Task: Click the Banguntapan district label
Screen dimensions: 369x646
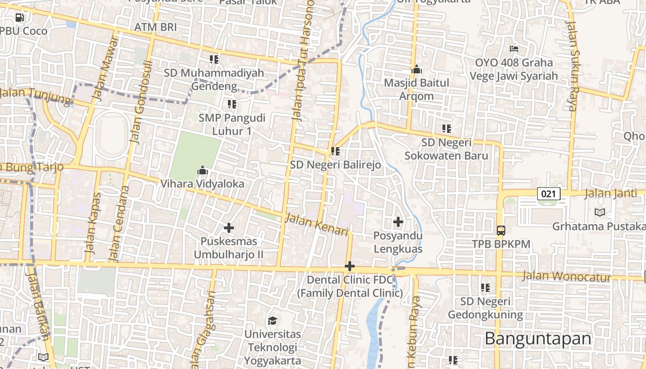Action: [538, 339]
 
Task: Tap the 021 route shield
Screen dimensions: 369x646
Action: [548, 194]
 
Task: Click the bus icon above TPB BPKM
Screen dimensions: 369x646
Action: [501, 230]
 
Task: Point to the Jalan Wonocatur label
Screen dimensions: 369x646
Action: [567, 277]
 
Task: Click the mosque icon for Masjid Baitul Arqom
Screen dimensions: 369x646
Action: [417, 70]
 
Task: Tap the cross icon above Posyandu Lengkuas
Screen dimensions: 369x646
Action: [398, 222]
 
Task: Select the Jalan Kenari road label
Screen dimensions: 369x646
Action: [316, 225]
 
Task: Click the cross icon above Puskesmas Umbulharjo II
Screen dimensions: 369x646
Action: [228, 228]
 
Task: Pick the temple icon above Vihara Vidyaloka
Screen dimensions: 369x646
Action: [203, 170]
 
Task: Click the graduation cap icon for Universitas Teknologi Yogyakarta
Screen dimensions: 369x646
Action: [272, 320]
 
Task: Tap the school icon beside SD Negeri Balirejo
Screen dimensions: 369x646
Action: [335, 151]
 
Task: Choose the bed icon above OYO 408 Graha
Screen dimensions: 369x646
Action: [514, 48]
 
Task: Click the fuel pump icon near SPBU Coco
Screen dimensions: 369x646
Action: [19, 18]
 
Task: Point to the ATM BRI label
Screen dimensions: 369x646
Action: [156, 27]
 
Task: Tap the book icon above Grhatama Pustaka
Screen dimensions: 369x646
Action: [599, 213]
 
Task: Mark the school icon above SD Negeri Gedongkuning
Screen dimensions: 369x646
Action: [485, 288]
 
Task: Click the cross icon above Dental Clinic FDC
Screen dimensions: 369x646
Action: [350, 266]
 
